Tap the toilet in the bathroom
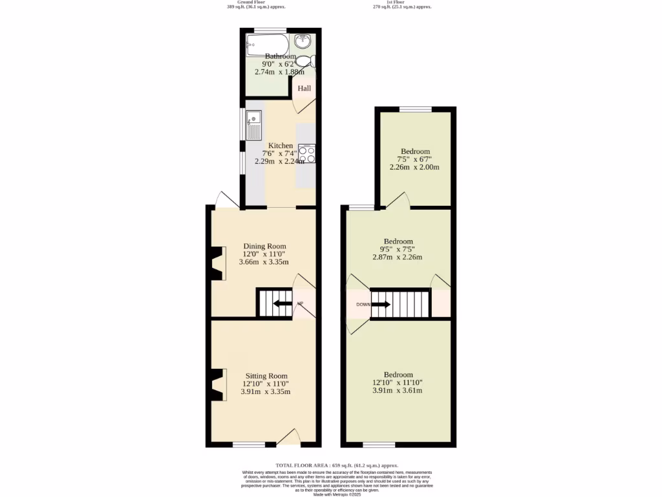(x=312, y=61)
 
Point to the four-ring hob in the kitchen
(x=306, y=153)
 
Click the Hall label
(x=304, y=89)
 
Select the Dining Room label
(x=264, y=246)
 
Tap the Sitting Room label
(x=266, y=375)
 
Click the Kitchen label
(x=281, y=146)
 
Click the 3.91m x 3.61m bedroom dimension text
(x=398, y=391)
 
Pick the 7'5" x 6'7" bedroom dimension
(x=414, y=159)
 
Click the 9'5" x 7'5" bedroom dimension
(x=398, y=249)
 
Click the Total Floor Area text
(x=337, y=465)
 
